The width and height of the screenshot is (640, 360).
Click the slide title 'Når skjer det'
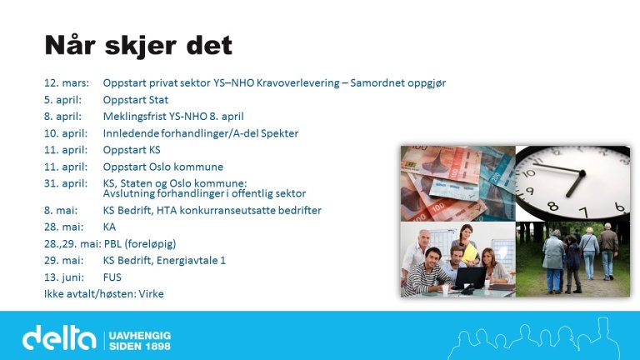pos(137,45)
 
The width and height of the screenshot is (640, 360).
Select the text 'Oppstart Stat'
pos(136,100)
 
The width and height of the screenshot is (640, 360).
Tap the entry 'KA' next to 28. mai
pos(110,227)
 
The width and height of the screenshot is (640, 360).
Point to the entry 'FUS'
pos(112,277)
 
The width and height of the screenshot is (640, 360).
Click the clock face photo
pos(572,182)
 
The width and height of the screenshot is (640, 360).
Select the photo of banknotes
pos(457,182)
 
